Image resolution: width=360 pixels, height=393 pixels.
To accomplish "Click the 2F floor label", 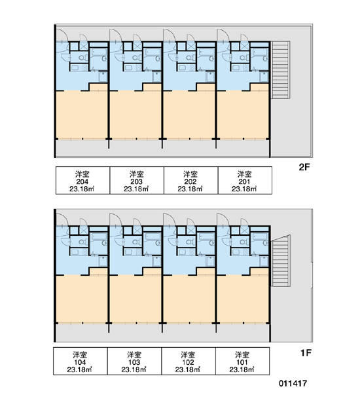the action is pos(304,167).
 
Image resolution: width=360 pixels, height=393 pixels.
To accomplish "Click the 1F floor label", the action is pos(306,353).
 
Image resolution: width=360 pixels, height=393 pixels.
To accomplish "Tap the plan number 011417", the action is pos(293,383).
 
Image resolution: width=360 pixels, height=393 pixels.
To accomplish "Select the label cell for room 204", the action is pos(82,181).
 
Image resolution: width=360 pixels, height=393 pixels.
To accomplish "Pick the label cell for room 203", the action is pos(137,181).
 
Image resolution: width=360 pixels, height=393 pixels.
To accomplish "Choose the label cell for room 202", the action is pos(190,181).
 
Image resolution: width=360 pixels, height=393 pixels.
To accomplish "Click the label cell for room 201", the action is pos(245,181).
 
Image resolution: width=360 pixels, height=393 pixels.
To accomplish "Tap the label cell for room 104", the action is pos(80,361).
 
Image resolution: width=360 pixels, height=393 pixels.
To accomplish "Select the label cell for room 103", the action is pos(134,361).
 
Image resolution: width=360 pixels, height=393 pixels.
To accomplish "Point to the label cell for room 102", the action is pos(188,361).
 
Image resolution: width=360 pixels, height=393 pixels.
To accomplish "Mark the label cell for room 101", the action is pos(242,361).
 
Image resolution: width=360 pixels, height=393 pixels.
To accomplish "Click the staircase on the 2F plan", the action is pos(281,70).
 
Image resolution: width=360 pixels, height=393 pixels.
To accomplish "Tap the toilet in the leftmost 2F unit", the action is pos(82,58).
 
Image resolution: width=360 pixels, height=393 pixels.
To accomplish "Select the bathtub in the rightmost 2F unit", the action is pos(260,52).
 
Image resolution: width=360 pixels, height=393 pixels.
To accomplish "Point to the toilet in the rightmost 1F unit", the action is pos(243,242).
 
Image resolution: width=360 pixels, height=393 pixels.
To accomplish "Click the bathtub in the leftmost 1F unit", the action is pos(99,236).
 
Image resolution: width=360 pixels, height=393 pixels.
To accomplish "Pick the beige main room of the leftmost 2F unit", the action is pos(82,114).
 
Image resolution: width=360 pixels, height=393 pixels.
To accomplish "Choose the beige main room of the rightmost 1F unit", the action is pos(243,299).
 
